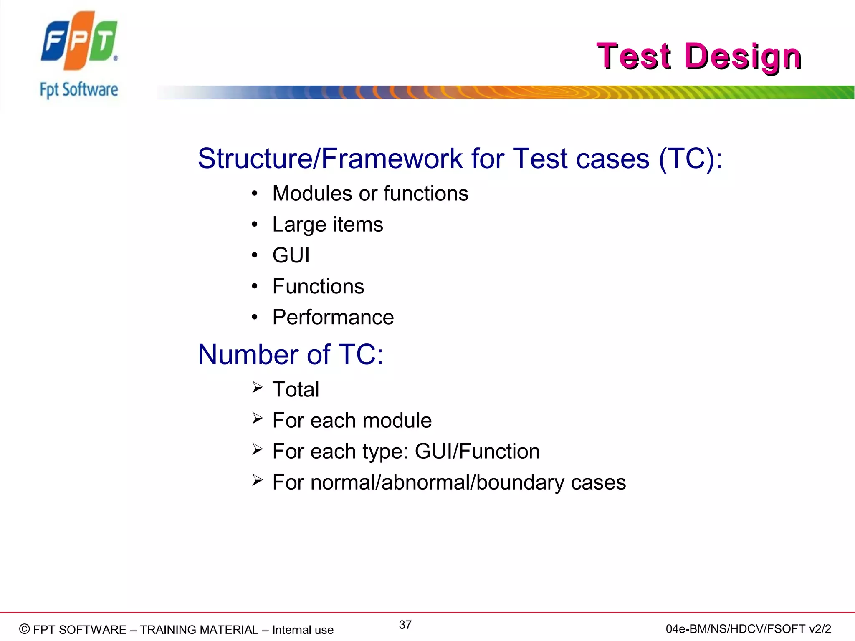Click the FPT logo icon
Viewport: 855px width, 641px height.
[x=79, y=40]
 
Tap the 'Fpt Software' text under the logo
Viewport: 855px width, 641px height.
[x=79, y=90]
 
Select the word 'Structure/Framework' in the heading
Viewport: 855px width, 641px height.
[x=330, y=159]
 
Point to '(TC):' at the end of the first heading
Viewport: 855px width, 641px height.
[x=690, y=159]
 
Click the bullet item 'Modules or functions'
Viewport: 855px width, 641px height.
[x=370, y=194]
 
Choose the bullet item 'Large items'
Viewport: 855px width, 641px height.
[x=327, y=225]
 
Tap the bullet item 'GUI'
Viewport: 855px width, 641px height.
[x=291, y=255]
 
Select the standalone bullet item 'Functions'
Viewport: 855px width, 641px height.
[x=318, y=286]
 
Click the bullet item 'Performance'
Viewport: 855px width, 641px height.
[x=333, y=317]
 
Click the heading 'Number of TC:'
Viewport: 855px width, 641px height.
[x=290, y=355]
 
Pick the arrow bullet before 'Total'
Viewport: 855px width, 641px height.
[x=257, y=388]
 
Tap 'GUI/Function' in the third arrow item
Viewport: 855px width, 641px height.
[x=477, y=452]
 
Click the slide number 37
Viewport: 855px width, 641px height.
[x=405, y=625]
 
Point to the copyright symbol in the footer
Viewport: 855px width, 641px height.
[x=25, y=629]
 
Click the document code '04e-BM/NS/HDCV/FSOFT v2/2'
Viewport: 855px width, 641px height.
[x=748, y=629]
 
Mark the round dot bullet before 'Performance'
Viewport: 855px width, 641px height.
[x=255, y=318]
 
